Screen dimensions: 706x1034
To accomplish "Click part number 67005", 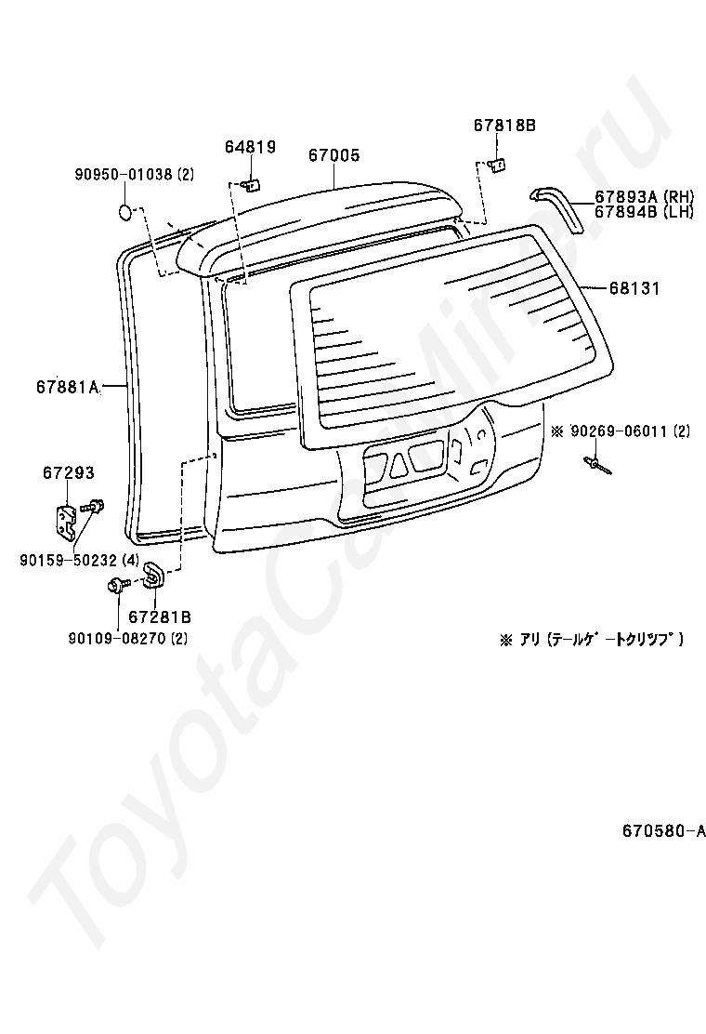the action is (333, 155).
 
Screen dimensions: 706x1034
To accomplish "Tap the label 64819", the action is (250, 146).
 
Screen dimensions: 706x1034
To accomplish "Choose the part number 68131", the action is (634, 288).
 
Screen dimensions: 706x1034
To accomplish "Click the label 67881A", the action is (68, 386).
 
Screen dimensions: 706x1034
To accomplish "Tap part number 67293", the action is (68, 473).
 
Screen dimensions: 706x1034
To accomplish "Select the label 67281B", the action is (160, 616).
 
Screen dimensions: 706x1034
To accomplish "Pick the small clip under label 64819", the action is (249, 183).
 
